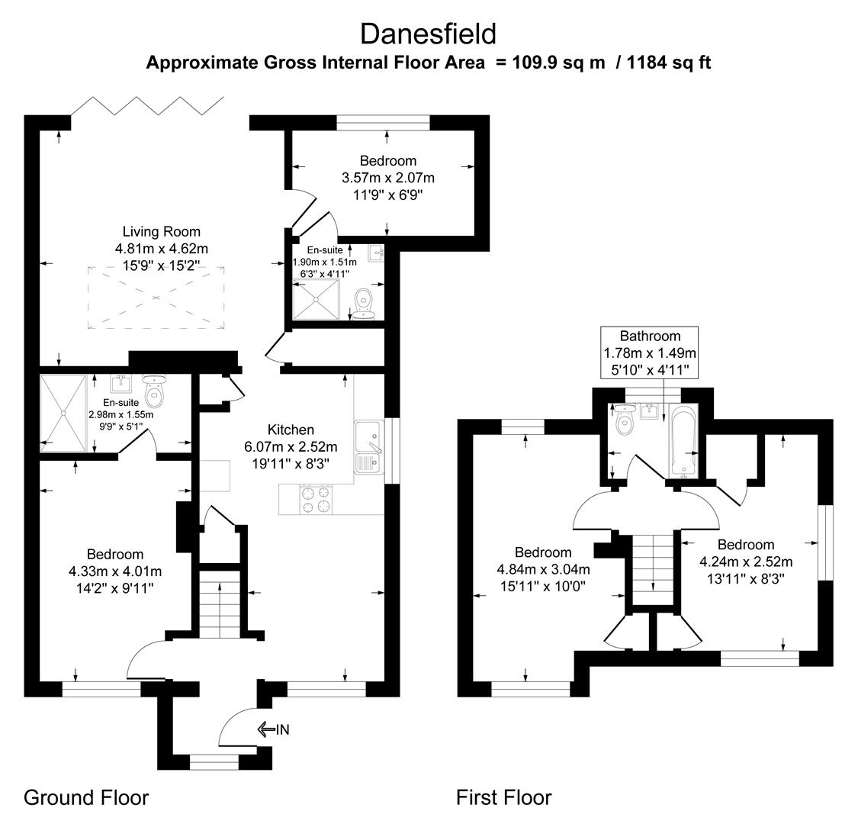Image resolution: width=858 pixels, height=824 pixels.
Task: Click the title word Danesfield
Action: [x=428, y=34]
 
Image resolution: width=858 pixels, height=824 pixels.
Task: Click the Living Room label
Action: [x=161, y=232]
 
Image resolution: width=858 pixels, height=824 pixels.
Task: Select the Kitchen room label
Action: [x=291, y=430]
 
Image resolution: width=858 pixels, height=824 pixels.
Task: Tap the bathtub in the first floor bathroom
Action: [x=681, y=441]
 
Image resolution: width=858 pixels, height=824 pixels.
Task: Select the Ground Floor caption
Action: [x=86, y=798]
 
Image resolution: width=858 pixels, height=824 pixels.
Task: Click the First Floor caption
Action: [x=503, y=798]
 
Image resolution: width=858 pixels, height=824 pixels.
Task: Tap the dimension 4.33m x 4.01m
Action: [x=114, y=571]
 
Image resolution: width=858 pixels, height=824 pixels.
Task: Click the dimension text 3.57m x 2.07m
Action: [x=388, y=178]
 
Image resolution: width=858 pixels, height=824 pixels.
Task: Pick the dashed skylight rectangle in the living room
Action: [x=156, y=298]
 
